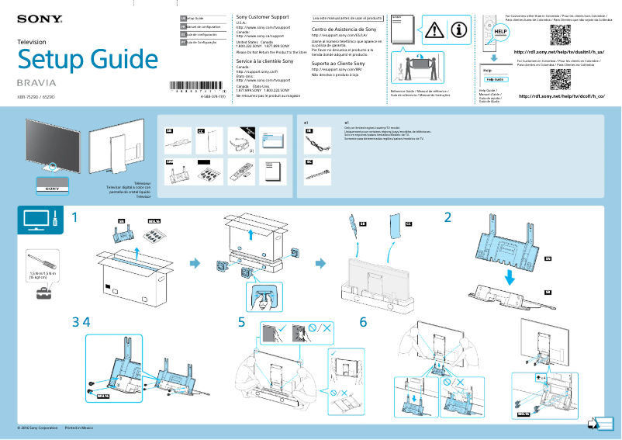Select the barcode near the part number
point(197,87)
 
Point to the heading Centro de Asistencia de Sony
point(347,29)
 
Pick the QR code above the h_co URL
point(560,79)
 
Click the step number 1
point(75,218)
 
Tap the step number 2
point(447,218)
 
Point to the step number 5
point(242,321)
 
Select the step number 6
point(362,321)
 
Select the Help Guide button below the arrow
point(494,79)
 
